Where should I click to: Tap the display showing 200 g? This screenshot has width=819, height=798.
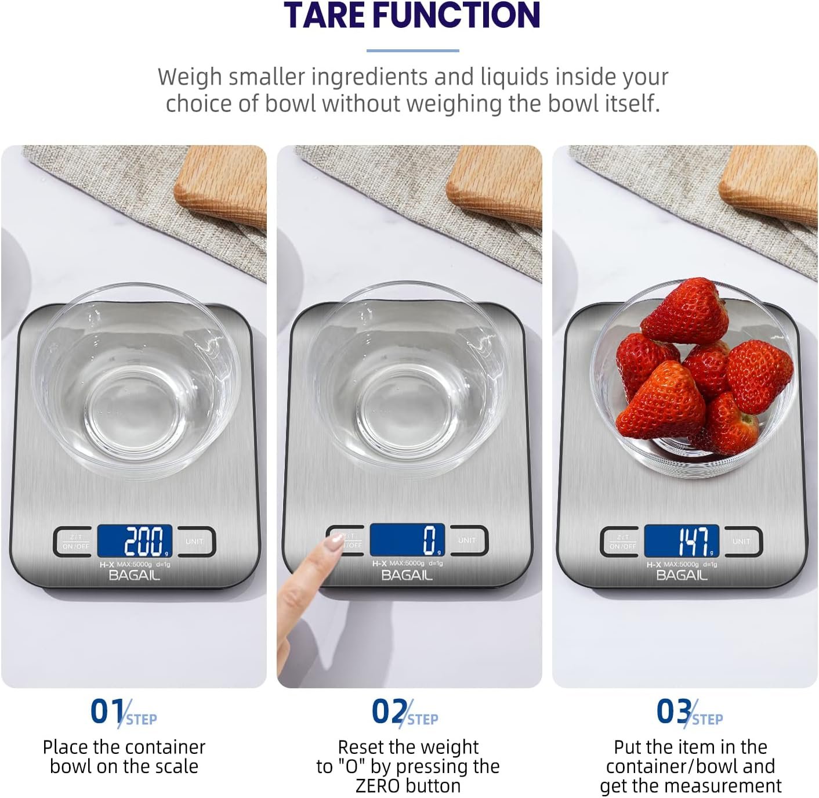tap(135, 541)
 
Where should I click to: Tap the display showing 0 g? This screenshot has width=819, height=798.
tap(408, 540)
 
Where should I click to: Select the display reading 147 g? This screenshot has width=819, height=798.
tap(682, 541)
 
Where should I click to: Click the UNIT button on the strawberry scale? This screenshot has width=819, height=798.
tap(741, 541)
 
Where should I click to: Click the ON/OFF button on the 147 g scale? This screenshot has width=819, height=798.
tap(622, 541)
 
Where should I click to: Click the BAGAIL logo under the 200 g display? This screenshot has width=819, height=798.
tap(134, 575)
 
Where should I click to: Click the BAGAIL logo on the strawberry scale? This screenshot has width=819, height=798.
tap(682, 575)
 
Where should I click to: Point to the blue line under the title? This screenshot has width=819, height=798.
tap(412, 50)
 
